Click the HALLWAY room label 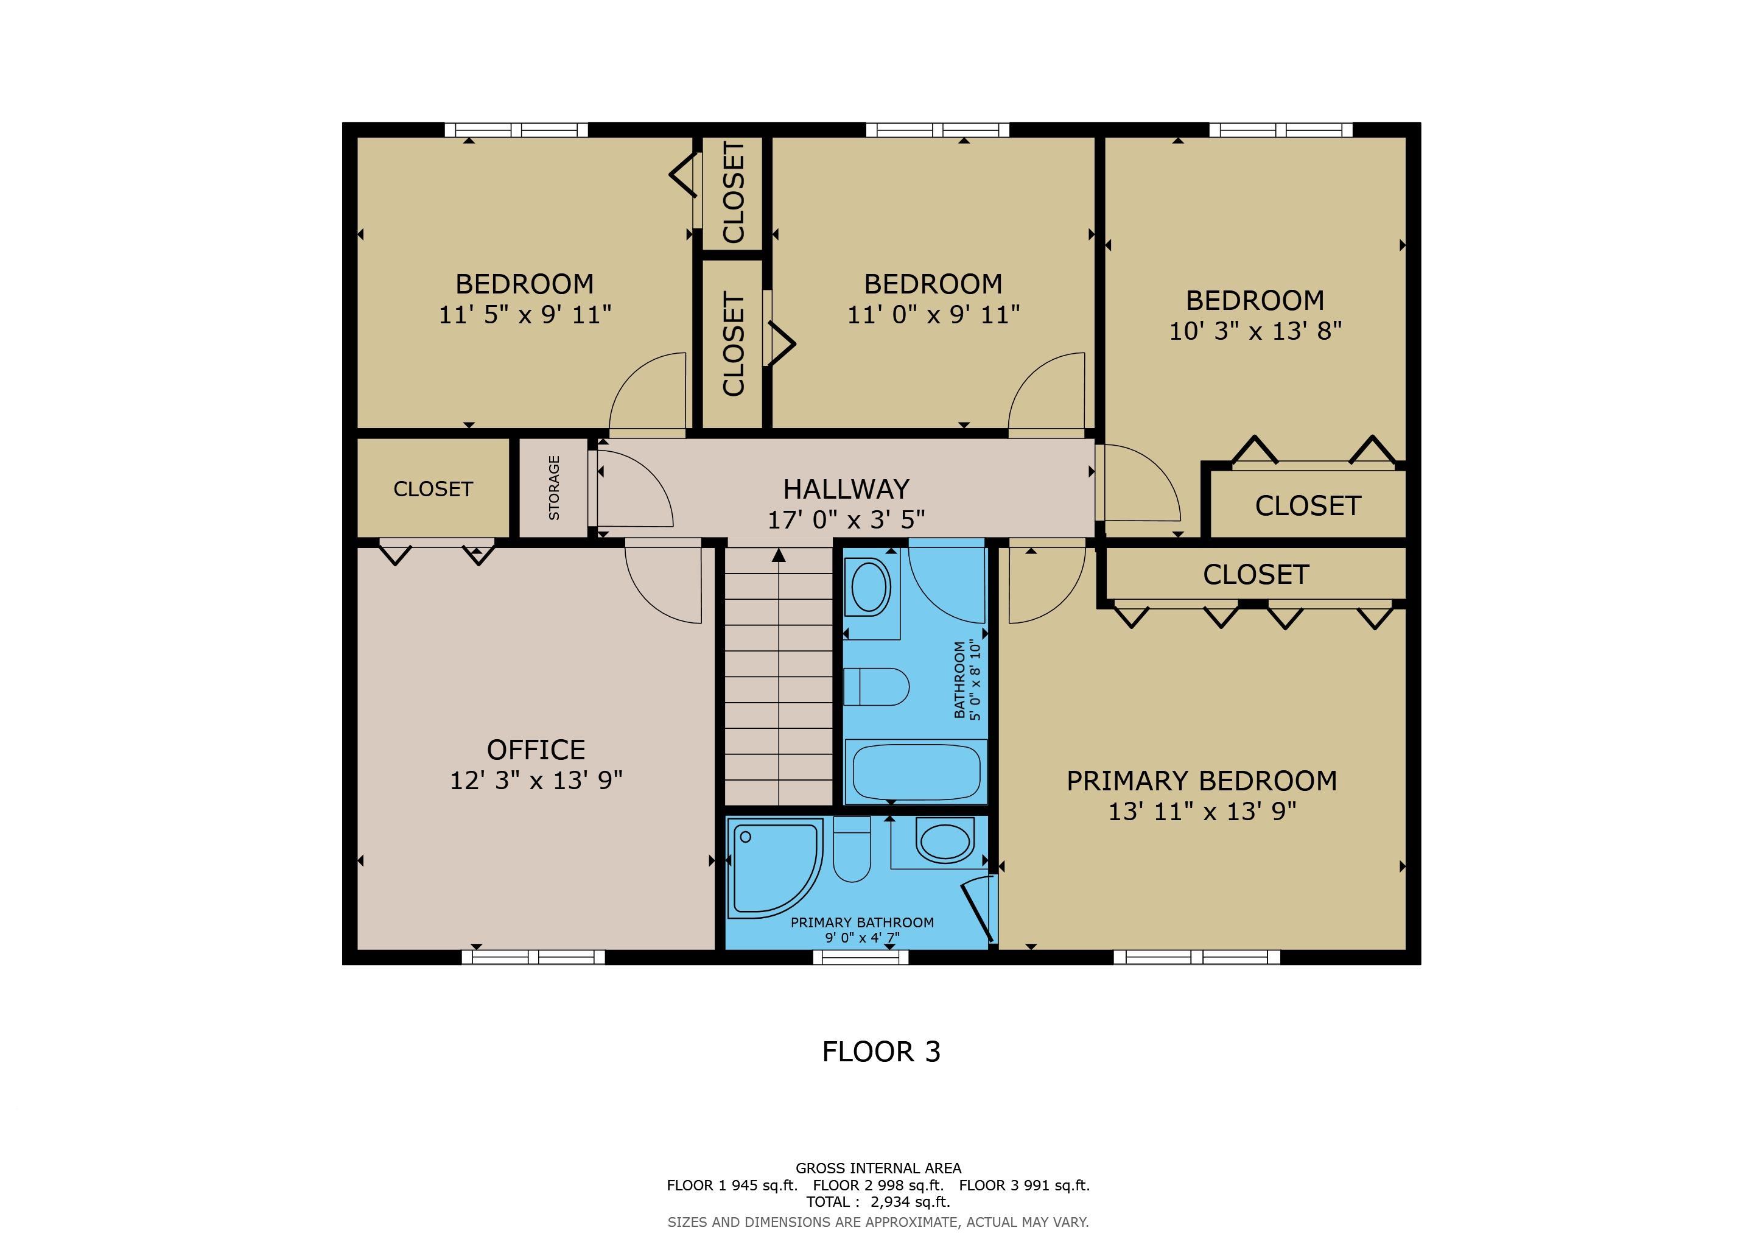tap(846, 489)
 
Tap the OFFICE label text tap(536, 750)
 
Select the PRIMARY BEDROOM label tap(1202, 781)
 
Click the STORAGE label tap(553, 488)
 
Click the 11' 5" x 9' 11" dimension tap(525, 315)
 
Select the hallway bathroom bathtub tap(915, 771)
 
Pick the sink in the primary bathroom tap(944, 841)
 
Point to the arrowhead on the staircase tap(779, 555)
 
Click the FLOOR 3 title tap(881, 1052)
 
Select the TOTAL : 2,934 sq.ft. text tap(878, 1202)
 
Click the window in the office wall tap(534, 957)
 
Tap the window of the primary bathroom tap(861, 957)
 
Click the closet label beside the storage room tap(433, 489)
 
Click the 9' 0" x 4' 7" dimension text tap(862, 938)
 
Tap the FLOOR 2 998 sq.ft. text tap(878, 1185)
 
